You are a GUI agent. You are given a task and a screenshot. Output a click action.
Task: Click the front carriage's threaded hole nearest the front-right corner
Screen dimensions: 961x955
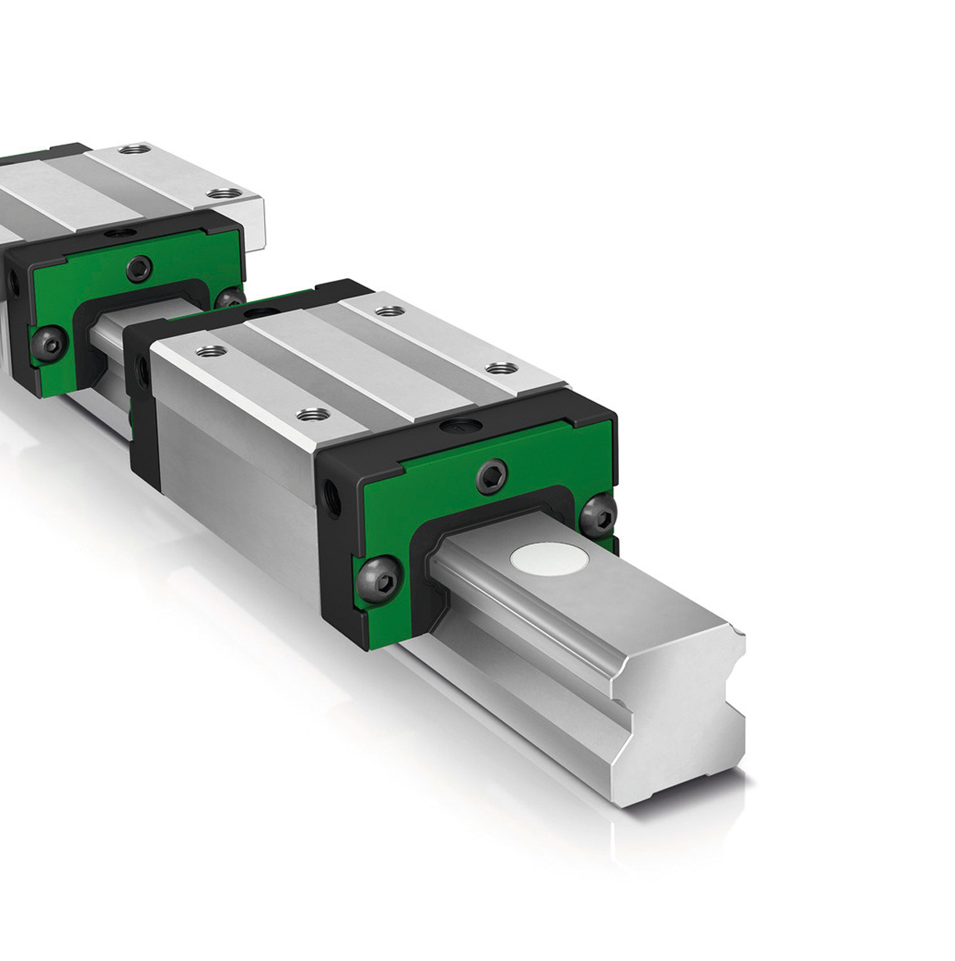coord(497,368)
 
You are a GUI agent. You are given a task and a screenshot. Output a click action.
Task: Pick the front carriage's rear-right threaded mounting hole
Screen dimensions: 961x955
coord(386,312)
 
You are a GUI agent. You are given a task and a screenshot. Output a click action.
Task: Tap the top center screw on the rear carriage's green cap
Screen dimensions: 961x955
coord(140,267)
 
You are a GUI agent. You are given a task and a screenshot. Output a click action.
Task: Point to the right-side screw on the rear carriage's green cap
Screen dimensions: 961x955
coord(228,297)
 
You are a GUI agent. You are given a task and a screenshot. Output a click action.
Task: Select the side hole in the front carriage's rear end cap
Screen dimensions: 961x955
coord(141,366)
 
